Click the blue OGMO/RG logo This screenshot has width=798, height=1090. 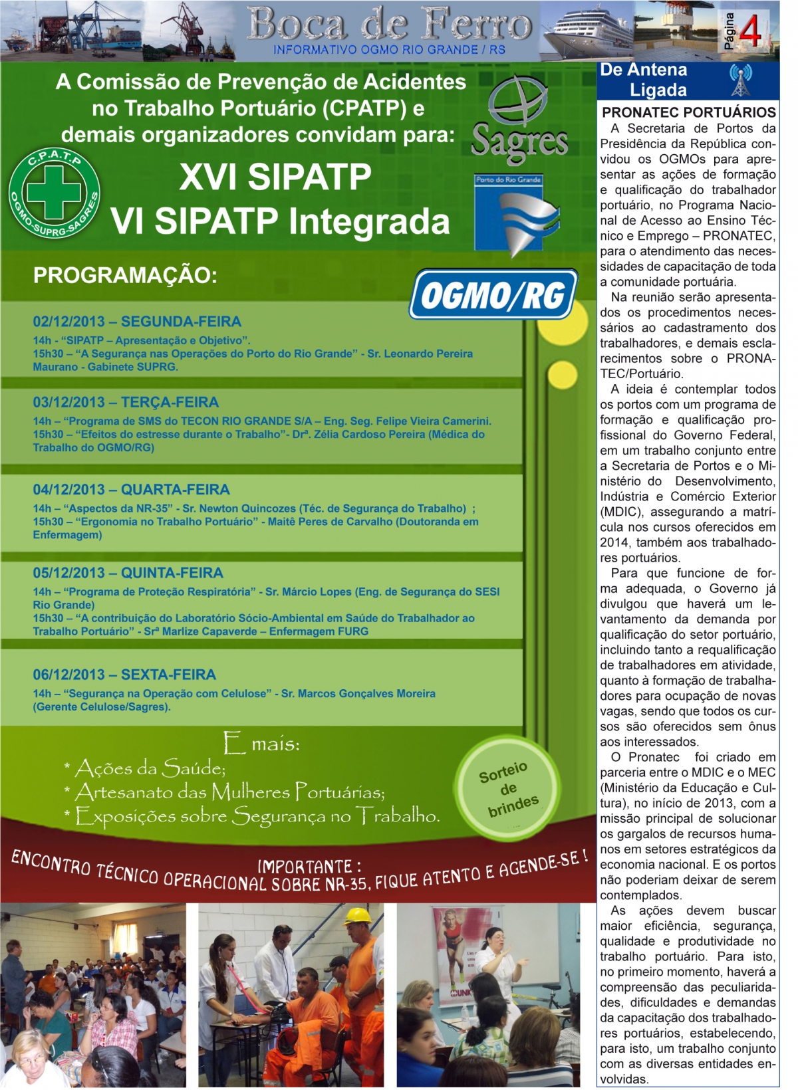click(493, 294)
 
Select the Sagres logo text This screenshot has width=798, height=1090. click(519, 142)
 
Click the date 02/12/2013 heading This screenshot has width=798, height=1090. click(69, 322)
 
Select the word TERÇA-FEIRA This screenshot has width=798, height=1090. click(170, 402)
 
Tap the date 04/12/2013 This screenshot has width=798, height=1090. click(69, 490)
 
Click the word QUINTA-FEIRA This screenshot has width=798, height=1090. click(172, 573)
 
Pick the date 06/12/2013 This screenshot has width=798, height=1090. click(69, 675)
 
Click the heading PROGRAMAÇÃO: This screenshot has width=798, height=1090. click(125, 275)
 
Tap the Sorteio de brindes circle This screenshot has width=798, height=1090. click(508, 788)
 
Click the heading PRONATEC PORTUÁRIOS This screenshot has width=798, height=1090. click(688, 112)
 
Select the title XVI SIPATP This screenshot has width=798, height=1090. click(275, 177)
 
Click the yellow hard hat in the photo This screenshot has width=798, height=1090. click(358, 915)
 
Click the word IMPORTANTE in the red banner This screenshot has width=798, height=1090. click(306, 867)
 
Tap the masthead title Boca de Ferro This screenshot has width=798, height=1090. click(390, 25)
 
